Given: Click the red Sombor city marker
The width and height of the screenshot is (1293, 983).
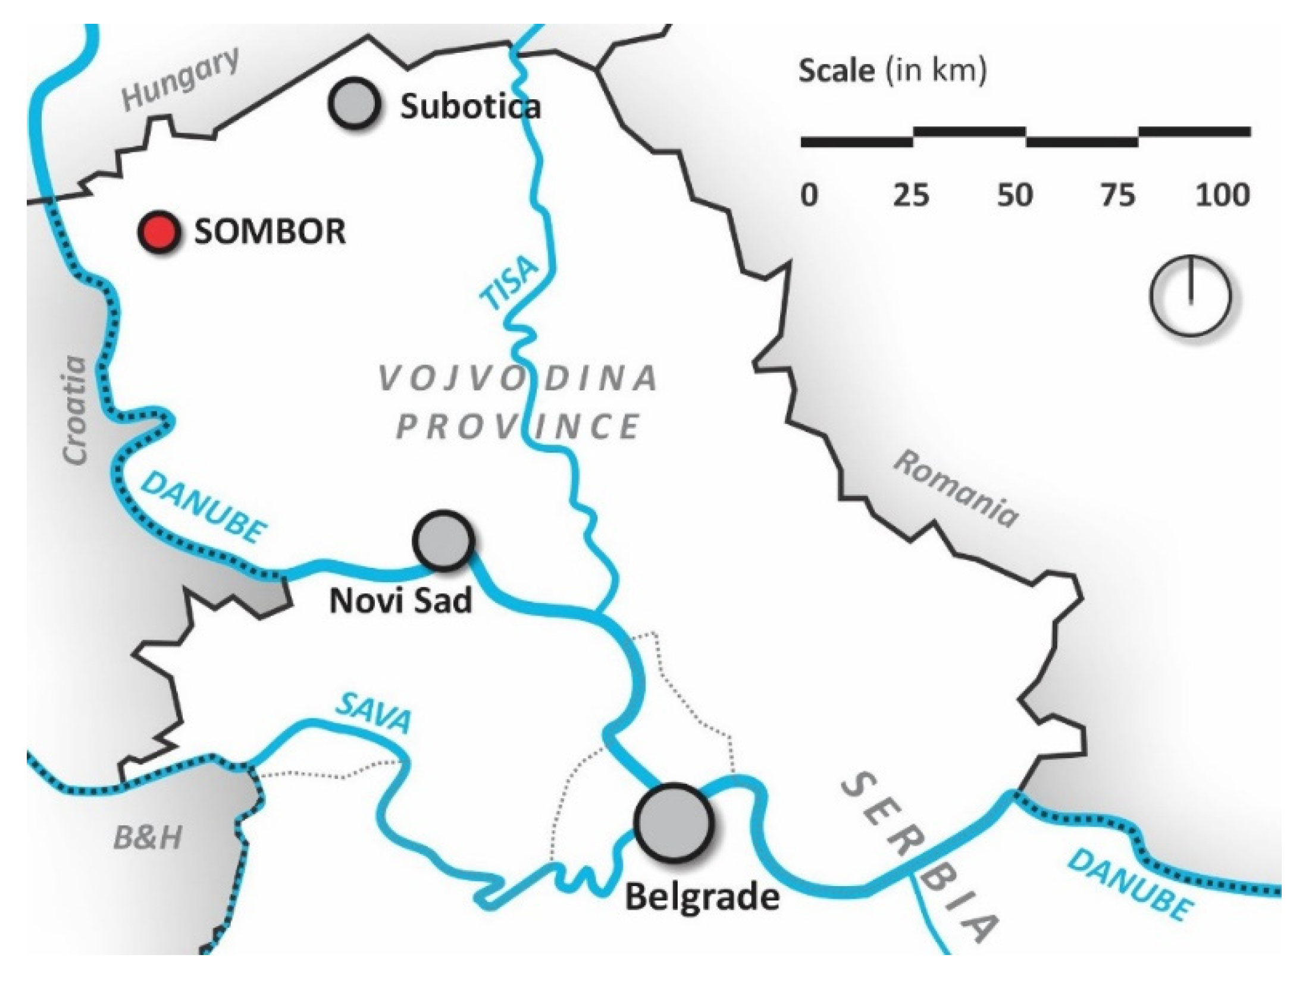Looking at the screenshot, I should (x=158, y=231).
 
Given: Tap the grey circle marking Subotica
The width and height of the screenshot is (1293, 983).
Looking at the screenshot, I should (x=353, y=103).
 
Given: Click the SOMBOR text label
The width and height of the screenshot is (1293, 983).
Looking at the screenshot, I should (x=270, y=231).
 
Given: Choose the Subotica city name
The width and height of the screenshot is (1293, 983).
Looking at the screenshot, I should (x=470, y=107).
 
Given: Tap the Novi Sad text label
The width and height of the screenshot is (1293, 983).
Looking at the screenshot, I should (x=400, y=601).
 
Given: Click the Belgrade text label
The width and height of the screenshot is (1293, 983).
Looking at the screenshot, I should (x=702, y=897).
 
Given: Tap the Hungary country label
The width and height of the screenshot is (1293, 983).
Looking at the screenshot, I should (x=180, y=79).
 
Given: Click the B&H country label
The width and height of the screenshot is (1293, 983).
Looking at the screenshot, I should (x=148, y=838).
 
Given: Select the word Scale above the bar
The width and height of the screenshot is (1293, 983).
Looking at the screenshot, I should (x=836, y=71).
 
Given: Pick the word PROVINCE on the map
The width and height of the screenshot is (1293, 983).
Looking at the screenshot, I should (x=518, y=426).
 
